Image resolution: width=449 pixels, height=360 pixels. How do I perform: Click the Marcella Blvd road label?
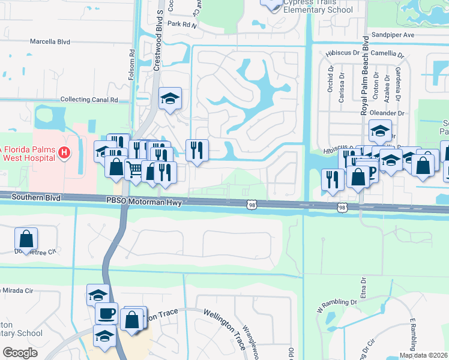[50, 42]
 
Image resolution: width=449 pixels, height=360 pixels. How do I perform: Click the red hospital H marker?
[64, 154]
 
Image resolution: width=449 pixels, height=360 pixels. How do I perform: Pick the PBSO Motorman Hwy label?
[144, 202]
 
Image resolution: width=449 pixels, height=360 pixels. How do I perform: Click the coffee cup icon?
[106, 314]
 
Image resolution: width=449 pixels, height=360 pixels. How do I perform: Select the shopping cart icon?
[134, 170]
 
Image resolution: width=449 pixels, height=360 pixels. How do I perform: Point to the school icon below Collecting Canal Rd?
[170, 99]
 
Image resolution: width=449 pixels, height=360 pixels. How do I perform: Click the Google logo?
[20, 353]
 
